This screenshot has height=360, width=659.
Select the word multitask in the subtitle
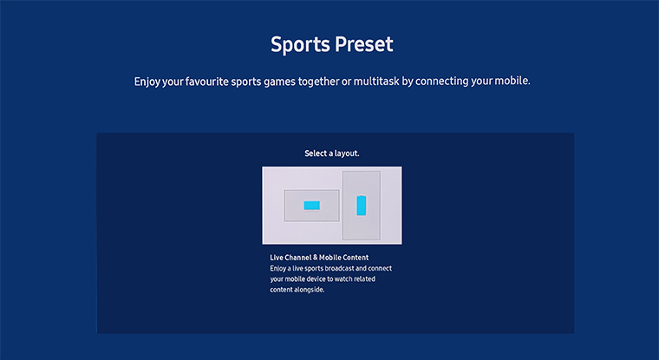(x=376, y=81)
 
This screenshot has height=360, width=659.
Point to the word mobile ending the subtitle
(x=512, y=81)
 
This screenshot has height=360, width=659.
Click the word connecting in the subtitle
(x=441, y=82)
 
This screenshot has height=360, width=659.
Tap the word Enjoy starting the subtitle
(x=147, y=82)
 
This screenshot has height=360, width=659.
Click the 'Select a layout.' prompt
(x=332, y=154)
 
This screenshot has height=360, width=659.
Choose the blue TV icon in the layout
(x=311, y=206)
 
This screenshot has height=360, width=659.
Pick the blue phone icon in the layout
(x=362, y=206)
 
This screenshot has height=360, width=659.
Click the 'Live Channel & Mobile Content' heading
(x=319, y=258)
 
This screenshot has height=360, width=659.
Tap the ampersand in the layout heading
(x=316, y=258)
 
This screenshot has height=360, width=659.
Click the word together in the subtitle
(x=319, y=82)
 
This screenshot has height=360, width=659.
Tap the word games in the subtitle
(x=280, y=82)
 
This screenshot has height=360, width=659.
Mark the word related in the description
(x=364, y=278)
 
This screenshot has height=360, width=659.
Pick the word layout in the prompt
(x=347, y=154)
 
